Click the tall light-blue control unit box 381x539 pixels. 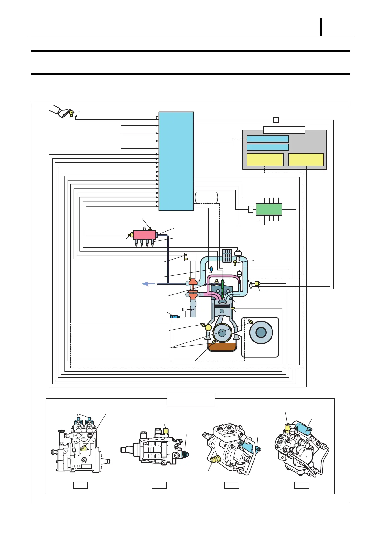176,161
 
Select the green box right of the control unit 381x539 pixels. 269,209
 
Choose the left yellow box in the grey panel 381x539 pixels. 265,159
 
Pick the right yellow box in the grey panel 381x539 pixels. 306,159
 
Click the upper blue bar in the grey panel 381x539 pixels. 268,139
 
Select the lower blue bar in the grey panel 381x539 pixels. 268,147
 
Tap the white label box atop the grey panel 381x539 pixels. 284,130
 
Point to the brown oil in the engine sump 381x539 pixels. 222,346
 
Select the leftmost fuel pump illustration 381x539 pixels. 80,445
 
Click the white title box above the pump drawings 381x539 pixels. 191,399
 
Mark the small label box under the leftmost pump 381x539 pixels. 80,485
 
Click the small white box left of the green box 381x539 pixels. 251,209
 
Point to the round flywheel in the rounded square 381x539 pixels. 261,333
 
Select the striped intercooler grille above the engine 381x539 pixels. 227,256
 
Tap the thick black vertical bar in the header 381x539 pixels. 320,27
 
